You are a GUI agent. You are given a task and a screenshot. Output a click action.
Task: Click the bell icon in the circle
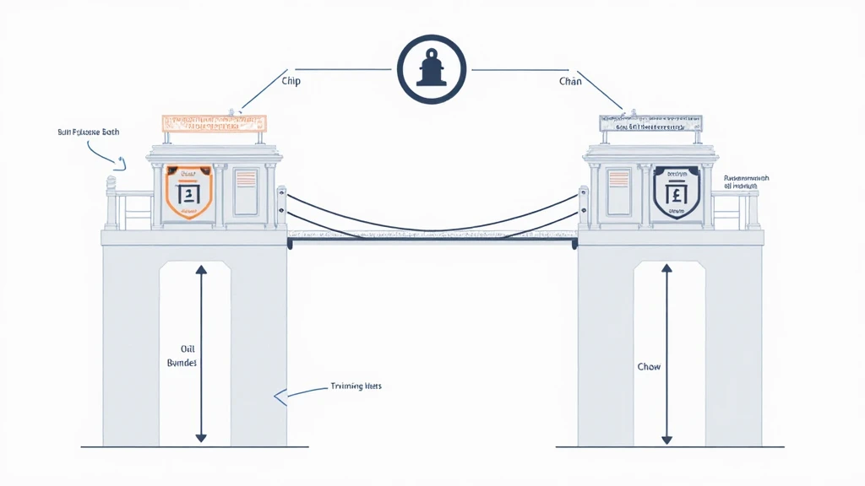tap(432, 70)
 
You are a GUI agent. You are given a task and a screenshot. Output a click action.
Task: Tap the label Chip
tap(290, 82)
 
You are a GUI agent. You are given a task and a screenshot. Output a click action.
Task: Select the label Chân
tap(570, 82)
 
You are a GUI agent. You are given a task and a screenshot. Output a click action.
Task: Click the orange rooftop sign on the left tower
tap(214, 123)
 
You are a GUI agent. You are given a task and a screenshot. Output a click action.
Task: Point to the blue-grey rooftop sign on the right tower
tap(650, 124)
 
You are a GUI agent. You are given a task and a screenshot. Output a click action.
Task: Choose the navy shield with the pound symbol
tap(677, 192)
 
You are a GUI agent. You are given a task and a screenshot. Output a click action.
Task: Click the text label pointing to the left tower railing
tap(90, 132)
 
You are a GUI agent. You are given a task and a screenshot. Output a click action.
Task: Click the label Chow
tap(649, 367)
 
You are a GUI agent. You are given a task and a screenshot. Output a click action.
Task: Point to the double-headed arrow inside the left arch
tap(200, 353)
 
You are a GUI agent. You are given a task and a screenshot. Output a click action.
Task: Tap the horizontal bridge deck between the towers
tap(432, 242)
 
